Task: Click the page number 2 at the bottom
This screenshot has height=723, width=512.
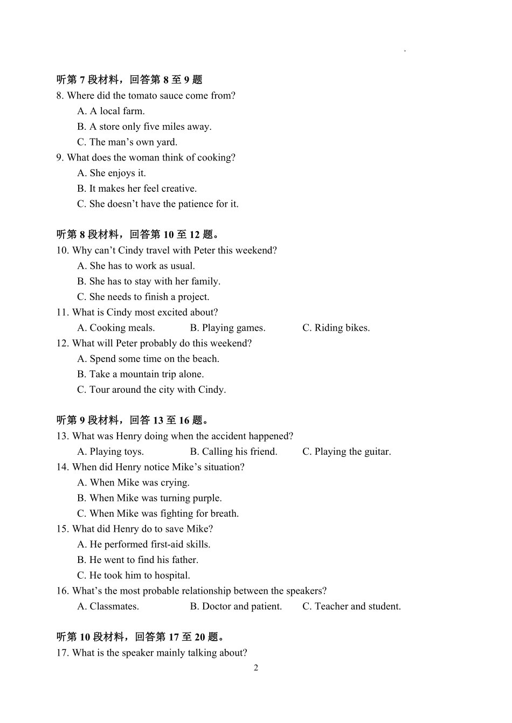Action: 256,668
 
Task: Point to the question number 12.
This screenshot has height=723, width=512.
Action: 62,343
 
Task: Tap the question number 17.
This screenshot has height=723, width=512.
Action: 62,653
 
